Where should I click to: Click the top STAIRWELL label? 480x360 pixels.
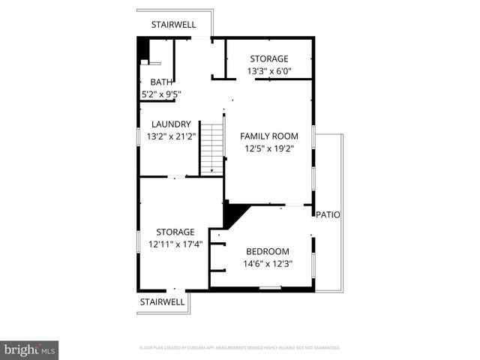tap(173, 25)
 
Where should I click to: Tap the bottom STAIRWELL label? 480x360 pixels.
tap(162, 301)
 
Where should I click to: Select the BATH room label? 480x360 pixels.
tap(161, 82)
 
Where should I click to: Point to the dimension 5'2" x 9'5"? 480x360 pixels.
tap(161, 94)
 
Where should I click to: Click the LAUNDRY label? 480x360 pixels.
tap(171, 124)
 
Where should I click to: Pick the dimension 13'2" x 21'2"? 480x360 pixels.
tap(171, 136)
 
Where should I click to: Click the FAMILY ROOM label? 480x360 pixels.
tap(269, 136)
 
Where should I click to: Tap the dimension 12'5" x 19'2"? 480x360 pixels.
tap(269, 148)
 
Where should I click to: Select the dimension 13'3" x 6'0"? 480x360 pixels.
tap(269, 71)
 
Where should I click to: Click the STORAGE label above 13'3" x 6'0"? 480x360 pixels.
tap(269, 58)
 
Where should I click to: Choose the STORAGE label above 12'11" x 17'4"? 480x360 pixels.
tap(175, 232)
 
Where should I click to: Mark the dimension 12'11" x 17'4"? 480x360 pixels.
tap(175, 244)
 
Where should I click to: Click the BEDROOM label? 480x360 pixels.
tap(268, 251)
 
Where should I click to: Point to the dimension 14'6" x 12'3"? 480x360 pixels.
tap(268, 263)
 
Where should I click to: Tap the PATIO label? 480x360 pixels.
tap(328, 214)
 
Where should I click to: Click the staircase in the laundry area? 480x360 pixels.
tap(212, 148)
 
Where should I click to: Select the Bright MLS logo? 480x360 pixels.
tap(30, 349)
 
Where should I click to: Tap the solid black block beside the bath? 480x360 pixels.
tap(143, 51)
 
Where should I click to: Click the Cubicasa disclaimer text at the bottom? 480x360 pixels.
tap(240, 348)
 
